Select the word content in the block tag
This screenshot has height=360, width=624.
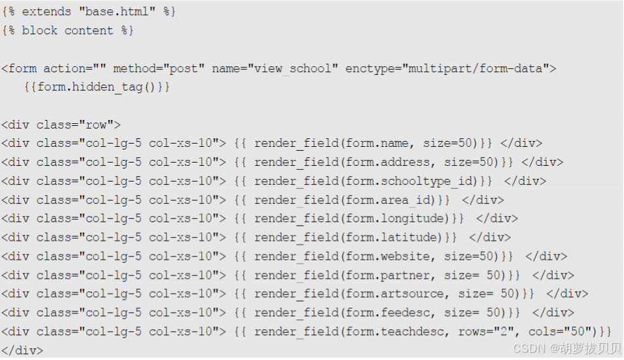(88, 31)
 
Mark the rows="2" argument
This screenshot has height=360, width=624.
(482, 332)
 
